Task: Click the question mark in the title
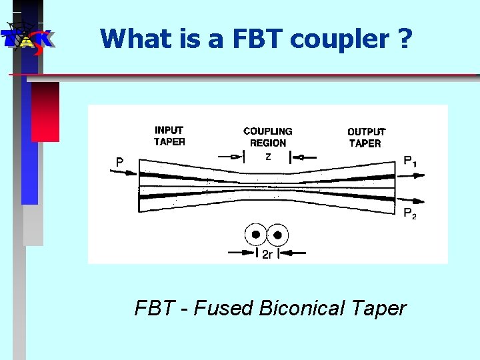404,39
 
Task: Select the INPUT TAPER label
169,135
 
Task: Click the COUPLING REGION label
267,137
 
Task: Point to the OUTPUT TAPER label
365,137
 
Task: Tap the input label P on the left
119,162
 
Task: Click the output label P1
411,161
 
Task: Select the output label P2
409,213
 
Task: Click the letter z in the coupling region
267,158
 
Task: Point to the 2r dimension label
266,254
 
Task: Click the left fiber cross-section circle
255,234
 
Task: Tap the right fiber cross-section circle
277,234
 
